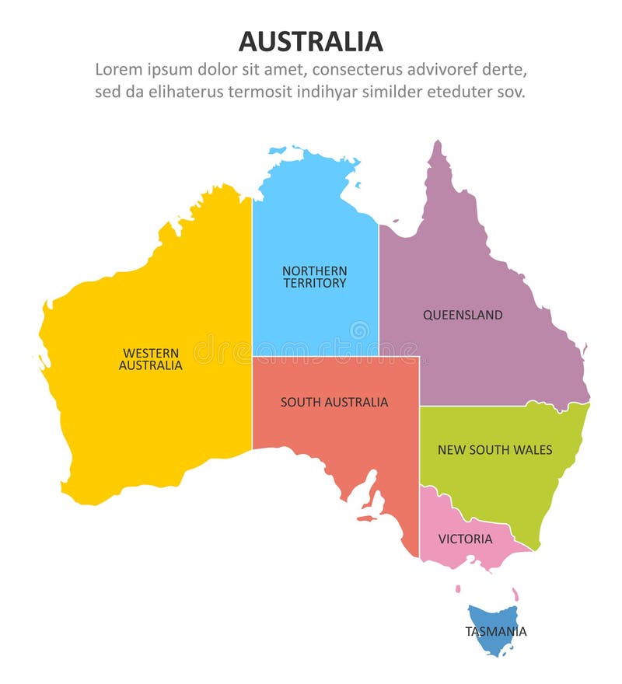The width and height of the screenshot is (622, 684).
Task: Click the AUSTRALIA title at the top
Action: click(310, 40)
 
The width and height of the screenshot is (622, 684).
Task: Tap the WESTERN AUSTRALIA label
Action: click(151, 359)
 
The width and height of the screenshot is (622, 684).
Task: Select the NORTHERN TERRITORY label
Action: click(315, 277)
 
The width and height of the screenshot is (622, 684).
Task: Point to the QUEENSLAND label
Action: click(463, 315)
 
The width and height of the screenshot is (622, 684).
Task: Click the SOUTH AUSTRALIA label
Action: click(334, 402)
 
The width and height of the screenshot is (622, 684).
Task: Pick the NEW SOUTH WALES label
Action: click(494, 449)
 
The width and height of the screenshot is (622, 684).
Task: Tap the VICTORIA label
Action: click(465, 539)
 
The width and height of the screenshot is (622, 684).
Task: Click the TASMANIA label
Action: click(496, 631)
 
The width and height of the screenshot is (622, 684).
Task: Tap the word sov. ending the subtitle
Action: click(510, 92)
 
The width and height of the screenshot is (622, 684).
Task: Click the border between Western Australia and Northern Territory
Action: click(252, 311)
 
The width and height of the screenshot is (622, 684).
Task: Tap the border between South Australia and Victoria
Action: click(420, 521)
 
